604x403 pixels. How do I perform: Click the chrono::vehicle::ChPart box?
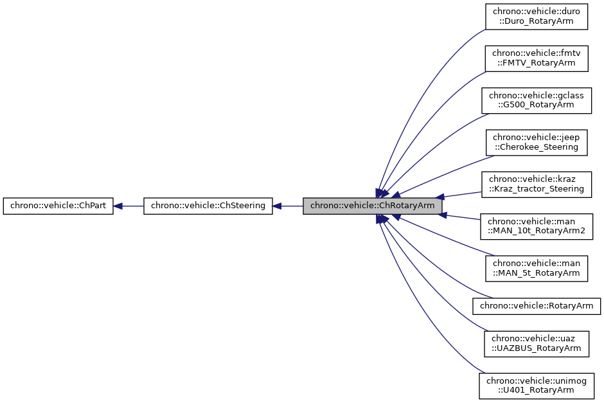point(58,206)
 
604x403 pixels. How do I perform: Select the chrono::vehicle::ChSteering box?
point(208,206)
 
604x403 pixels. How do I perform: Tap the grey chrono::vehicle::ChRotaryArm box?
point(373,206)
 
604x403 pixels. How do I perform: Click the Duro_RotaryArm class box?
point(537,17)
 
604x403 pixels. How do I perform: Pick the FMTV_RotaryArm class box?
point(537,58)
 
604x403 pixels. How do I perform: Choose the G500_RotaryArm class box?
point(537,100)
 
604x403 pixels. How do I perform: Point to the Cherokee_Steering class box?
point(537,141)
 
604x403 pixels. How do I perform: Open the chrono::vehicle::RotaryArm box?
point(537,305)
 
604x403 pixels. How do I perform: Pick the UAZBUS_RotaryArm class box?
point(537,343)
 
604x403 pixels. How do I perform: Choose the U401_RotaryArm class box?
point(537,384)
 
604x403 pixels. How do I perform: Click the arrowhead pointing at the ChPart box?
point(119,206)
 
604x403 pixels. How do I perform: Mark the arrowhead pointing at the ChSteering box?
point(278,206)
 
